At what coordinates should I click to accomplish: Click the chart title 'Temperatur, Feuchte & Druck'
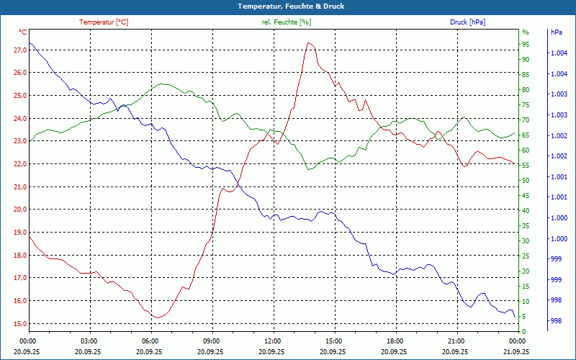pyautogui.click(x=288, y=6)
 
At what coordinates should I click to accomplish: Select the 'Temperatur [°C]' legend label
pyautogui.click(x=104, y=22)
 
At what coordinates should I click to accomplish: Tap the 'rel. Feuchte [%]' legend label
pyautogui.click(x=287, y=22)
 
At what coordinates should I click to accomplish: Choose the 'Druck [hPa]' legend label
pyautogui.click(x=467, y=22)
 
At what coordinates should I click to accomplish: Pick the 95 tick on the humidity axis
pyautogui.click(x=526, y=44)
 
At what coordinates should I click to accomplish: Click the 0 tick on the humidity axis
pyautogui.click(x=523, y=331)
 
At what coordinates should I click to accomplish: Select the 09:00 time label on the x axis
pyautogui.click(x=212, y=341)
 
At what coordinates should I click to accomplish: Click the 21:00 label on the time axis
pyautogui.click(x=456, y=341)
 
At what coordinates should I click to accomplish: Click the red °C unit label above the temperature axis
pyautogui.click(x=23, y=32)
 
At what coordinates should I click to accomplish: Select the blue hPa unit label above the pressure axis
pyautogui.click(x=556, y=32)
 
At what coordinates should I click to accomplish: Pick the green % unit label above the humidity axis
pyautogui.click(x=525, y=32)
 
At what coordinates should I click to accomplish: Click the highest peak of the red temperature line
pyautogui.click(x=308, y=42)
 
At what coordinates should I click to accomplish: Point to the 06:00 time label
pyautogui.click(x=150, y=341)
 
